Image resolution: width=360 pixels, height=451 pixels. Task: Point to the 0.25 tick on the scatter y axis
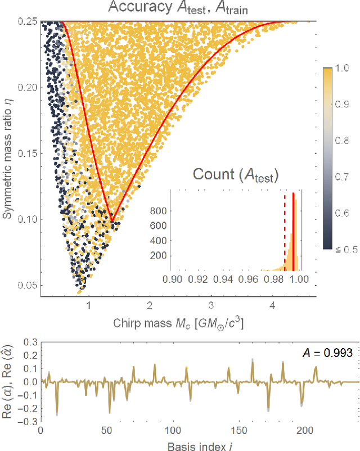(26, 22)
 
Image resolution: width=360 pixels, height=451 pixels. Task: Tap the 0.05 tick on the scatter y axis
(26, 285)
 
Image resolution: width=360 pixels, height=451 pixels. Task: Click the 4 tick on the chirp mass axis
(272, 305)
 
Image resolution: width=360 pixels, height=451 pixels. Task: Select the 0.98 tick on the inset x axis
(274, 279)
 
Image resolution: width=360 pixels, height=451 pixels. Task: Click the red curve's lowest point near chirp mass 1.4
(112, 222)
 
